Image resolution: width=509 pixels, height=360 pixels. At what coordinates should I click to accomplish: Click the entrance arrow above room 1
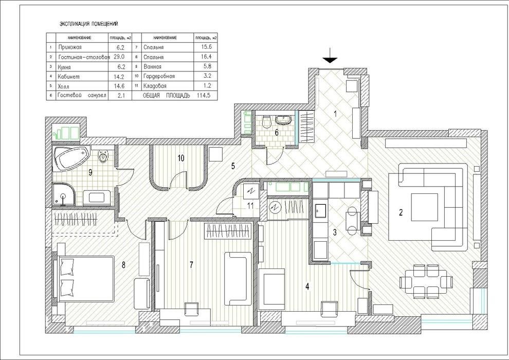click(x=330, y=56)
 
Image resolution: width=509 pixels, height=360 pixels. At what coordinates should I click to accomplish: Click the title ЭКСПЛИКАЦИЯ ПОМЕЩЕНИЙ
click(x=89, y=24)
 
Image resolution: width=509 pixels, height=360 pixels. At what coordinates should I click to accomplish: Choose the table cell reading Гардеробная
click(x=159, y=77)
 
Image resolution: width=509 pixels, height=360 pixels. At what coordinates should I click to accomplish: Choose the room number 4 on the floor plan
click(x=307, y=287)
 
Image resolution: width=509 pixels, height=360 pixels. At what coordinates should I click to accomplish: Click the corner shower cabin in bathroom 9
click(x=64, y=194)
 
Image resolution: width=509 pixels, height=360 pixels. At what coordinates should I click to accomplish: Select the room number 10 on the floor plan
click(x=180, y=158)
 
